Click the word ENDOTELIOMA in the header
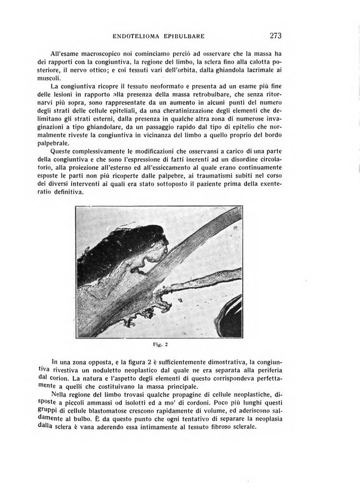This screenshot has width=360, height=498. [x=137, y=37]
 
